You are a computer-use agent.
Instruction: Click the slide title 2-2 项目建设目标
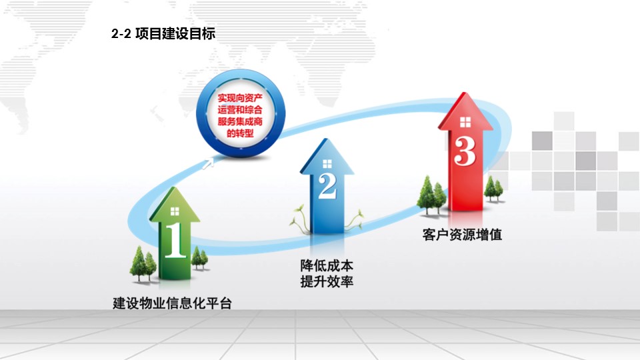click(163, 33)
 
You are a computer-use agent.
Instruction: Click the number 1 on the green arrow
click(175, 240)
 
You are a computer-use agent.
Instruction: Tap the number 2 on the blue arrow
click(327, 187)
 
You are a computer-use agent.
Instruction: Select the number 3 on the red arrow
click(465, 151)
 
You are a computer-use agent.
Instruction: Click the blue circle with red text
click(241, 113)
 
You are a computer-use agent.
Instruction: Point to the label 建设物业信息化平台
click(172, 303)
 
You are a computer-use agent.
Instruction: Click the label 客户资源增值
click(462, 235)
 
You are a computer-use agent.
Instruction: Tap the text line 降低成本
click(327, 266)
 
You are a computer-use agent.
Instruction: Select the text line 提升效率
click(327, 281)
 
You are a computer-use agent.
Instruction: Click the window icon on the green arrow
click(175, 211)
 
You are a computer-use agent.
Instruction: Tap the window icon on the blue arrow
click(327, 164)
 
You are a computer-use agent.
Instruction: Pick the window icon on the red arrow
click(465, 122)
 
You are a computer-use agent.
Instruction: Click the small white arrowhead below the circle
click(208, 163)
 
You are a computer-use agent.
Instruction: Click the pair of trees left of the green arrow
click(143, 264)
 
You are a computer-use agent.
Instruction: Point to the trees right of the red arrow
click(493, 189)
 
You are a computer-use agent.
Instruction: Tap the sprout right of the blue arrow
click(353, 221)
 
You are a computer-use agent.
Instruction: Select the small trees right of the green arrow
click(199, 258)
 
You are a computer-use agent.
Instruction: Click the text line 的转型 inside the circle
click(240, 133)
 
